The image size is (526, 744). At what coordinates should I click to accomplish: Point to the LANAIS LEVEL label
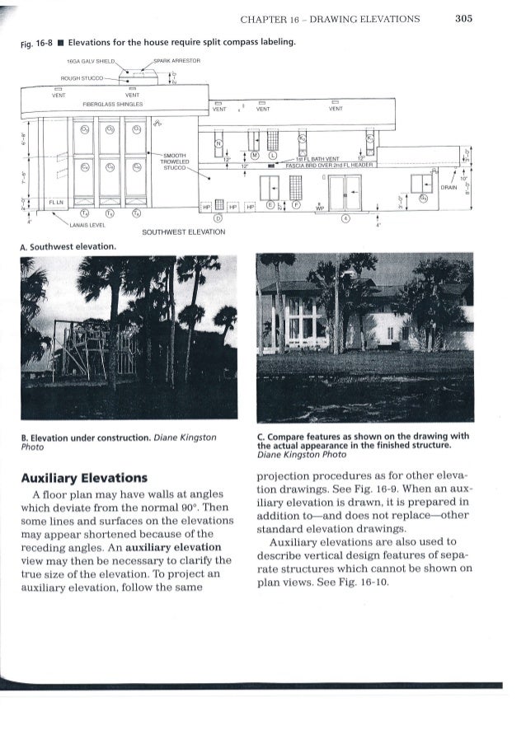click(x=87, y=225)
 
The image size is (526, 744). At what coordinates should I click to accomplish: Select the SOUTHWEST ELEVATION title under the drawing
click(x=184, y=232)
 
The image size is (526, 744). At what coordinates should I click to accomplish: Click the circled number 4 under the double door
click(x=345, y=218)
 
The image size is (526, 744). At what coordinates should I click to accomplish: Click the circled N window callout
click(x=219, y=143)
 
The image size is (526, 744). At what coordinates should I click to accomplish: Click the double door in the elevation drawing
click(x=345, y=191)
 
